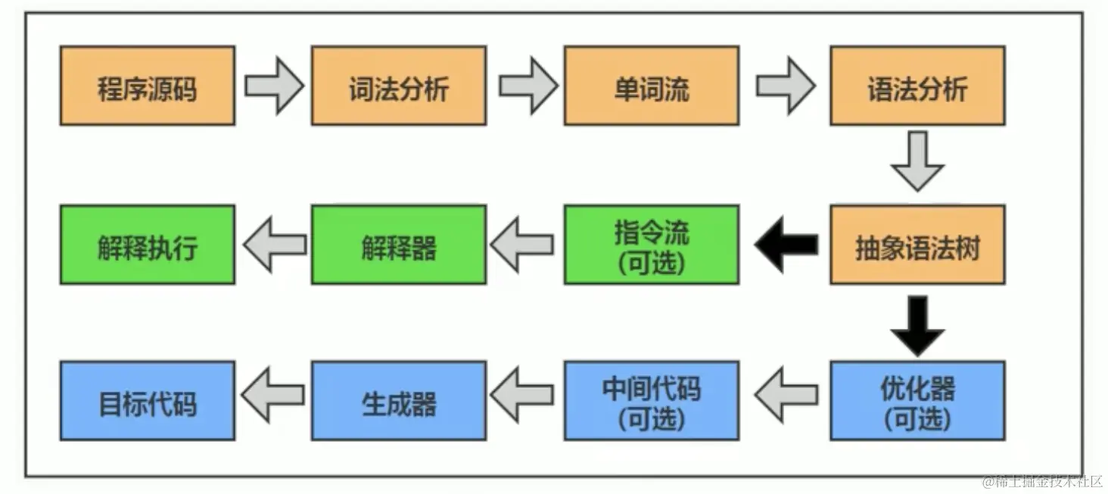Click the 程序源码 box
click(x=148, y=86)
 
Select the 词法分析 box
click(x=399, y=86)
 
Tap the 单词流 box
click(x=651, y=86)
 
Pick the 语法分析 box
click(x=917, y=86)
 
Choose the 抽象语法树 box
click(x=917, y=245)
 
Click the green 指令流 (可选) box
click(x=651, y=245)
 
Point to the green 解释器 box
click(x=399, y=245)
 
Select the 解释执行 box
click(x=148, y=245)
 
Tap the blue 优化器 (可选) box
click(x=917, y=401)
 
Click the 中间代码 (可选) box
click(x=651, y=401)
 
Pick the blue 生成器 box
click(x=399, y=401)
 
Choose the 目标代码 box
click(x=148, y=401)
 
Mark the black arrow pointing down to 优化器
click(x=917, y=325)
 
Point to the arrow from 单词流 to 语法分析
click(x=786, y=86)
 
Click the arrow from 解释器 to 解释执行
click(x=274, y=244)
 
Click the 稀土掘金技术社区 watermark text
click(x=1042, y=482)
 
